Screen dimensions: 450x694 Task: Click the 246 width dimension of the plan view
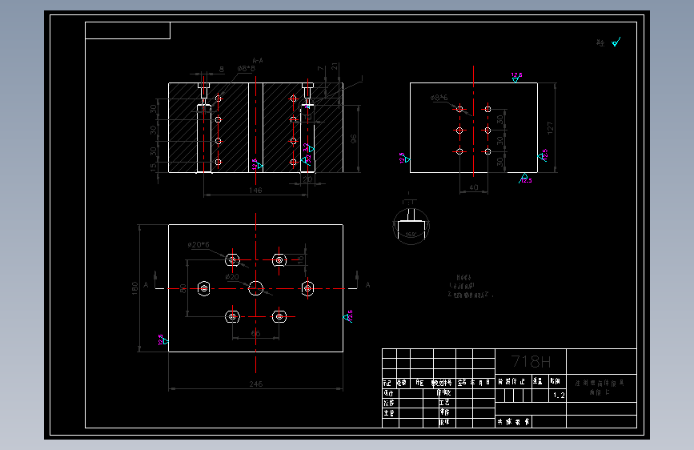point(255,384)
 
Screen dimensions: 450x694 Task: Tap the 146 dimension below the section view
point(255,190)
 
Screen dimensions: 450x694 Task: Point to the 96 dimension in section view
point(354,139)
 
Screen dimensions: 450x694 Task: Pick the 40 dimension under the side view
point(472,187)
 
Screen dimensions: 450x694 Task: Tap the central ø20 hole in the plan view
point(256,287)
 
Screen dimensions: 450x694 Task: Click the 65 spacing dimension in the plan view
point(255,332)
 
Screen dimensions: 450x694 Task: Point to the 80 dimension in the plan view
point(183,287)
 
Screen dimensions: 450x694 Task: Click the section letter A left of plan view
point(146,284)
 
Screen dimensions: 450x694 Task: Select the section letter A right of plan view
point(367,284)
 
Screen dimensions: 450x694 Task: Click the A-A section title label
point(257,60)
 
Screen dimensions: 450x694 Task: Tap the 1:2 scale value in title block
point(558,396)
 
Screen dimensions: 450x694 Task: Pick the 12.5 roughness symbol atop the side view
point(516,77)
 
